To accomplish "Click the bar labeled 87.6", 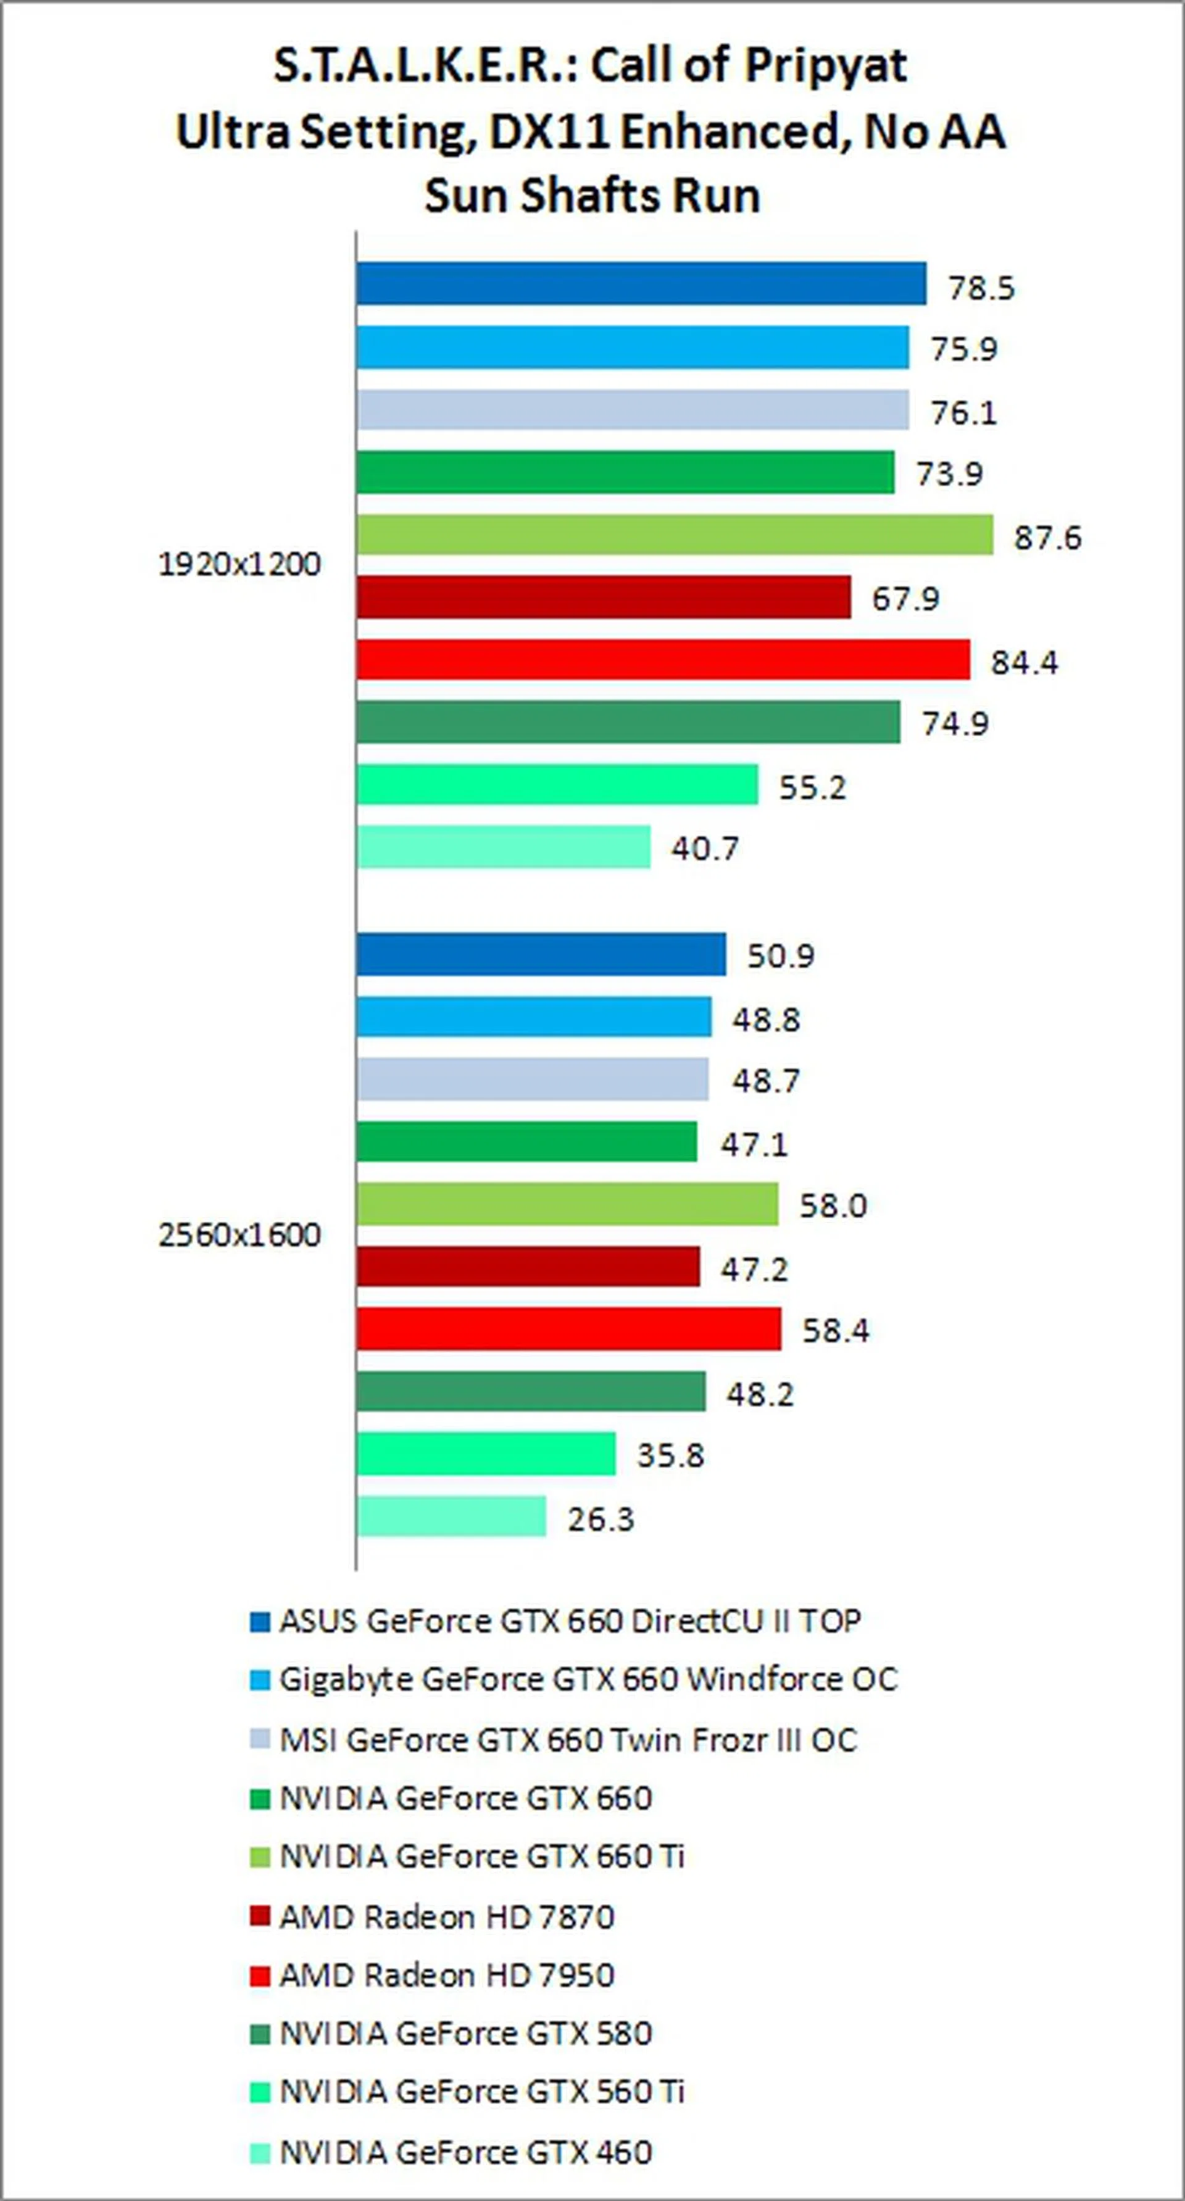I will click(x=675, y=535).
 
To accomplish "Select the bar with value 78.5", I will click(x=641, y=284).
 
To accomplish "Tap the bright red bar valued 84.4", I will click(x=663, y=660).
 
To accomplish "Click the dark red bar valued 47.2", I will click(x=528, y=1267).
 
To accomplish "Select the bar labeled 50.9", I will click(x=541, y=954).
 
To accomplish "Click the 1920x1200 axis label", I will click(x=239, y=565).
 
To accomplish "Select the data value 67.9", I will click(x=904, y=599).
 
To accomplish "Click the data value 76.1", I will click(x=963, y=414).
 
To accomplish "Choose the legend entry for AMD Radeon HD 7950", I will click(x=446, y=1974).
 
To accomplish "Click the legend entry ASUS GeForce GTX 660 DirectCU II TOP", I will click(x=570, y=1621).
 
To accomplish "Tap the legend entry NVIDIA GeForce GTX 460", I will click(x=465, y=2152).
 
